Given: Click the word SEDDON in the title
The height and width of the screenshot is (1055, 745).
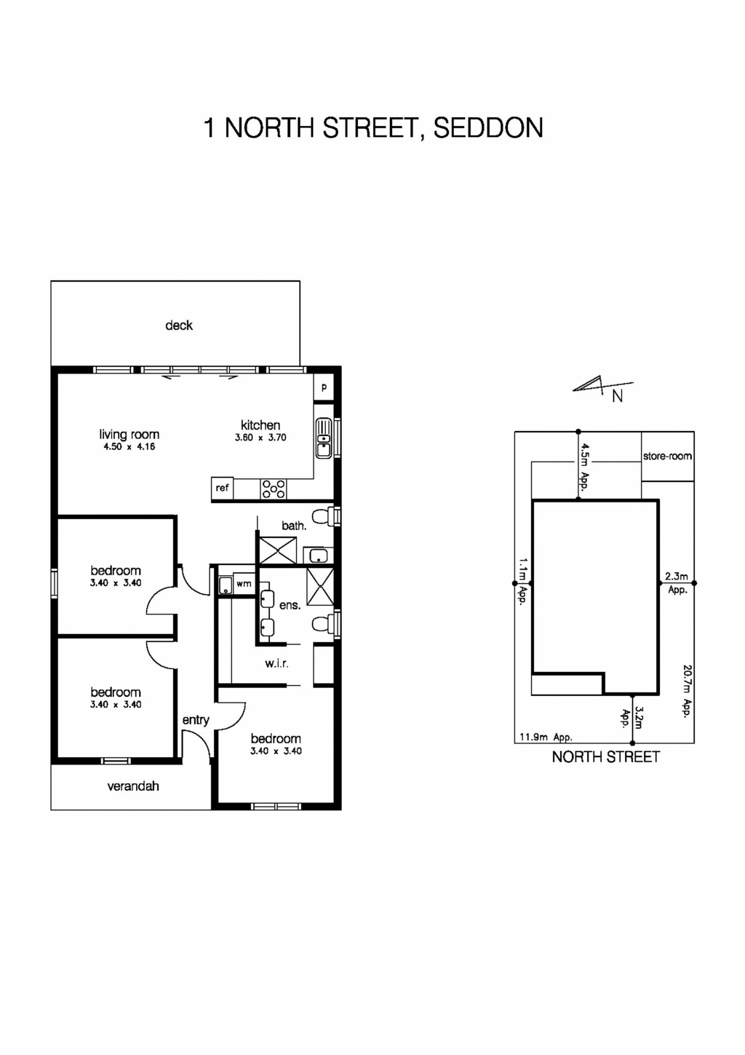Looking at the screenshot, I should tap(488, 128).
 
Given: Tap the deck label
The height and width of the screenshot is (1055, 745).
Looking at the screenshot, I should tap(179, 325).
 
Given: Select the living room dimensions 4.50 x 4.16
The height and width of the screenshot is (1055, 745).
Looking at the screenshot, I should tap(130, 447).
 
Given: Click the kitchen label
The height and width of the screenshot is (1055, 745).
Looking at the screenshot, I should tap(260, 425).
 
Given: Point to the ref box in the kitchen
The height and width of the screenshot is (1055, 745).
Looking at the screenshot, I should tap(222, 488).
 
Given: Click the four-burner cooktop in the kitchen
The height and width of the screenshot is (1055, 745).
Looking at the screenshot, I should tap(274, 489).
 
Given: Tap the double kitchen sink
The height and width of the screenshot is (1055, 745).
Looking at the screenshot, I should tap(324, 438).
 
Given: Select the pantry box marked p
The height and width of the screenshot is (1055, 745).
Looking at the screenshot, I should tap(324, 387).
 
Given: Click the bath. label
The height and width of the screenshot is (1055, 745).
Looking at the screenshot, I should tap(294, 526).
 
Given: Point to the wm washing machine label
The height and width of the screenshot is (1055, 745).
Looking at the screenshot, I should tap(244, 584).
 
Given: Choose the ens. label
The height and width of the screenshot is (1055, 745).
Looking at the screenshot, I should tap(290, 605).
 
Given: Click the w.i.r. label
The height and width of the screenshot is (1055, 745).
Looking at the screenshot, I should tap(276, 663).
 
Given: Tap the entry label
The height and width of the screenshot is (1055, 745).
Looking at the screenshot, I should tap(196, 720).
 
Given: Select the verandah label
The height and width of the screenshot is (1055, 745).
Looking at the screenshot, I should tap(133, 786).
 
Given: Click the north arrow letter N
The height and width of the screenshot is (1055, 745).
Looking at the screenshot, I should tap(617, 397).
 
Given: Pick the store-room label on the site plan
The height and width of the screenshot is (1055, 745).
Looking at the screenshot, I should tap(667, 457).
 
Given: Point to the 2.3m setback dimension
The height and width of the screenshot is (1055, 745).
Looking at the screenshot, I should tap(677, 577).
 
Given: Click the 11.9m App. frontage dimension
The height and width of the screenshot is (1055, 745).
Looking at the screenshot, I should tap(545, 737).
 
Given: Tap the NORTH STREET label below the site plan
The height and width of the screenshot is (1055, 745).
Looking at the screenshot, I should tap(605, 757).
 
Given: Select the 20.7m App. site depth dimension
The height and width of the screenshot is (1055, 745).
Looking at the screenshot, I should tap(686, 691).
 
